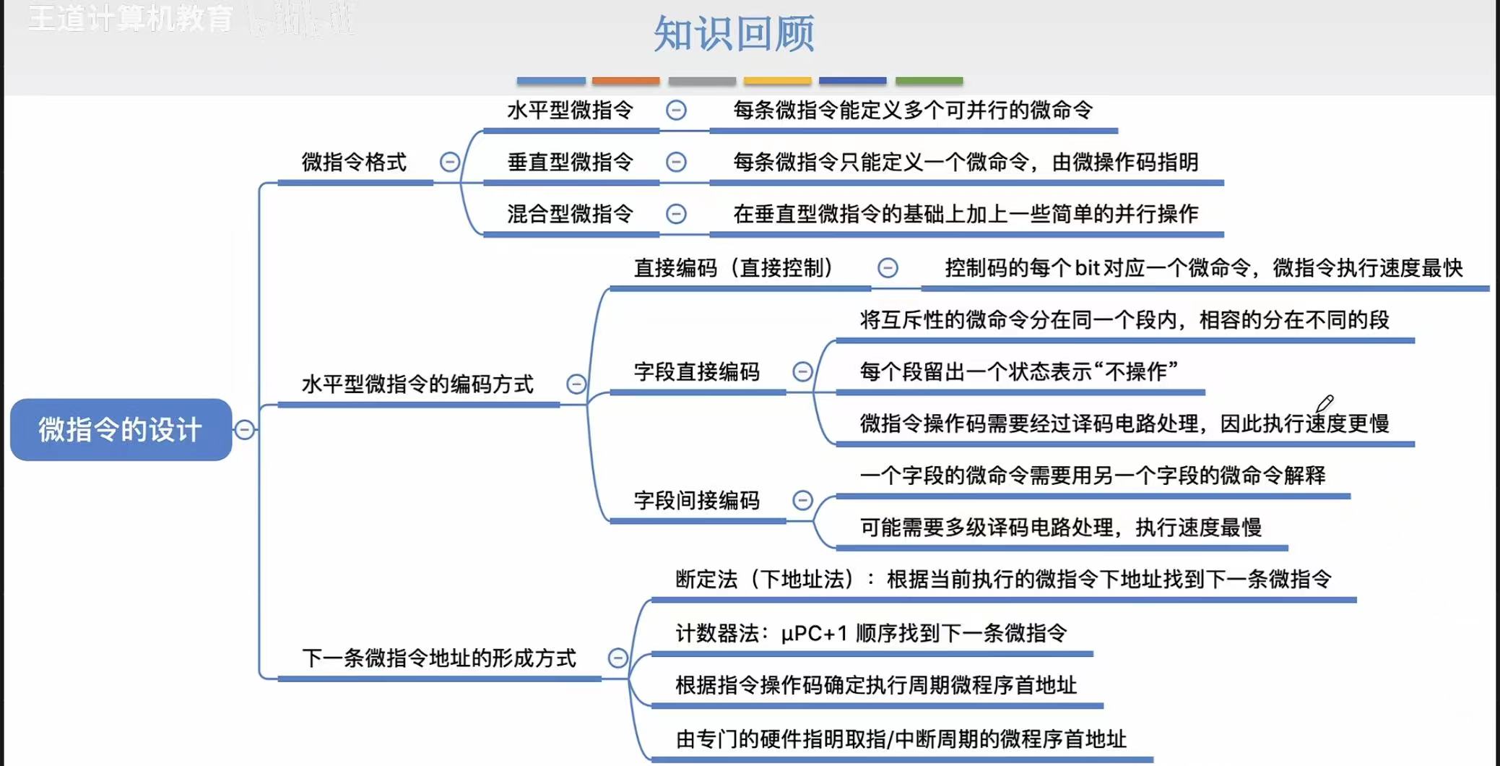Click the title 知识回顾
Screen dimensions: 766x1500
tap(734, 34)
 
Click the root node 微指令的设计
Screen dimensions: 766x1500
tap(121, 429)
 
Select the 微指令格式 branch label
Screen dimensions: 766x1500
tap(354, 162)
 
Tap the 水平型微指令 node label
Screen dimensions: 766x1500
tap(570, 111)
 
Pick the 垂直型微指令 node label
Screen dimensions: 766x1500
tap(570, 162)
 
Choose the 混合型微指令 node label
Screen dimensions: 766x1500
tap(570, 214)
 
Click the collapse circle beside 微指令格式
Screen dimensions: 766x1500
tap(450, 162)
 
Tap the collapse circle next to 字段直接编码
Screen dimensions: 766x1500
tap(802, 371)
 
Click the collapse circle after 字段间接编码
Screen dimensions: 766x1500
tap(802, 500)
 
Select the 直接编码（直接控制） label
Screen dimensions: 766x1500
tap(733, 268)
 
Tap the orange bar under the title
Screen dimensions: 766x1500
tap(625, 81)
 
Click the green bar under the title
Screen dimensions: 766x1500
tap(929, 81)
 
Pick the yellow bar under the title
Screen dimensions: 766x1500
tap(777, 81)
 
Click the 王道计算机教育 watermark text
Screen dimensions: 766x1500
tap(131, 19)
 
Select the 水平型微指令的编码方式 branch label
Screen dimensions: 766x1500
tap(417, 384)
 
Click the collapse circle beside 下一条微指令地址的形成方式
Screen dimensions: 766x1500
tap(617, 658)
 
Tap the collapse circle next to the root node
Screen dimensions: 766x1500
tap(245, 429)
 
